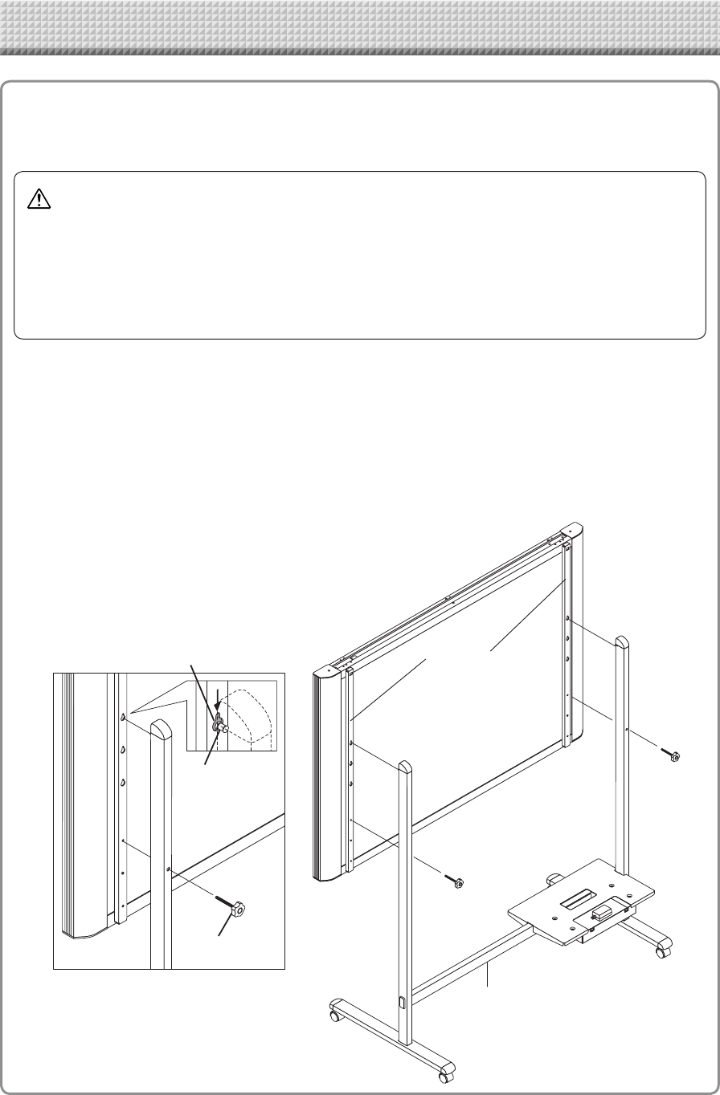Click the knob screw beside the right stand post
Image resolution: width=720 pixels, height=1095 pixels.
point(673,755)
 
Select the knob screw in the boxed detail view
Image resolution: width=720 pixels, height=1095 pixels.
point(238,910)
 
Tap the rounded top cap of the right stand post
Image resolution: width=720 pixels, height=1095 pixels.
point(622,643)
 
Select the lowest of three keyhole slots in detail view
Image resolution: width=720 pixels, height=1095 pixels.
point(124,781)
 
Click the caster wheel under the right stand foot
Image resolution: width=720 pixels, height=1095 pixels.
point(662,951)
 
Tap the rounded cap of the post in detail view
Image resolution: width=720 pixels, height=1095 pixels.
point(161,731)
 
